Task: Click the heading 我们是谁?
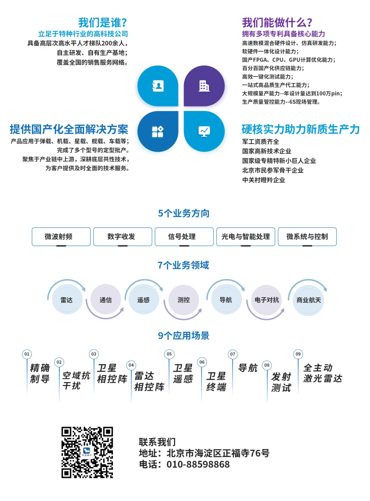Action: [x=103, y=23]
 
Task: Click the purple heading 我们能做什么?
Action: [x=277, y=23]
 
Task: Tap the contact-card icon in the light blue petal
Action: [x=158, y=86]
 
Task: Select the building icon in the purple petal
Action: [x=204, y=86]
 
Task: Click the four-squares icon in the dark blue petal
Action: [x=158, y=132]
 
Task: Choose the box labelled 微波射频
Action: [x=61, y=237]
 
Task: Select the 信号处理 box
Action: [x=184, y=237]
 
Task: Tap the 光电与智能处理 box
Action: [x=246, y=237]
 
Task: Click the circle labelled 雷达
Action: [x=67, y=299]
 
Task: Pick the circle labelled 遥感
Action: [x=144, y=299]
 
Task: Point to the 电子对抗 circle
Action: [x=267, y=300]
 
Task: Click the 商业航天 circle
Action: [x=309, y=300]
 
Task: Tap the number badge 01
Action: [x=27, y=354]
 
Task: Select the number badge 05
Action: [x=169, y=354]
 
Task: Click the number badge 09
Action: [x=298, y=354]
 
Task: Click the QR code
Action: [x=87, y=452]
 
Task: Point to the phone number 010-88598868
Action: [x=198, y=464]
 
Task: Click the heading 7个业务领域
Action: [x=183, y=265]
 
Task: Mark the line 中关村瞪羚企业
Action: [x=263, y=180]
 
